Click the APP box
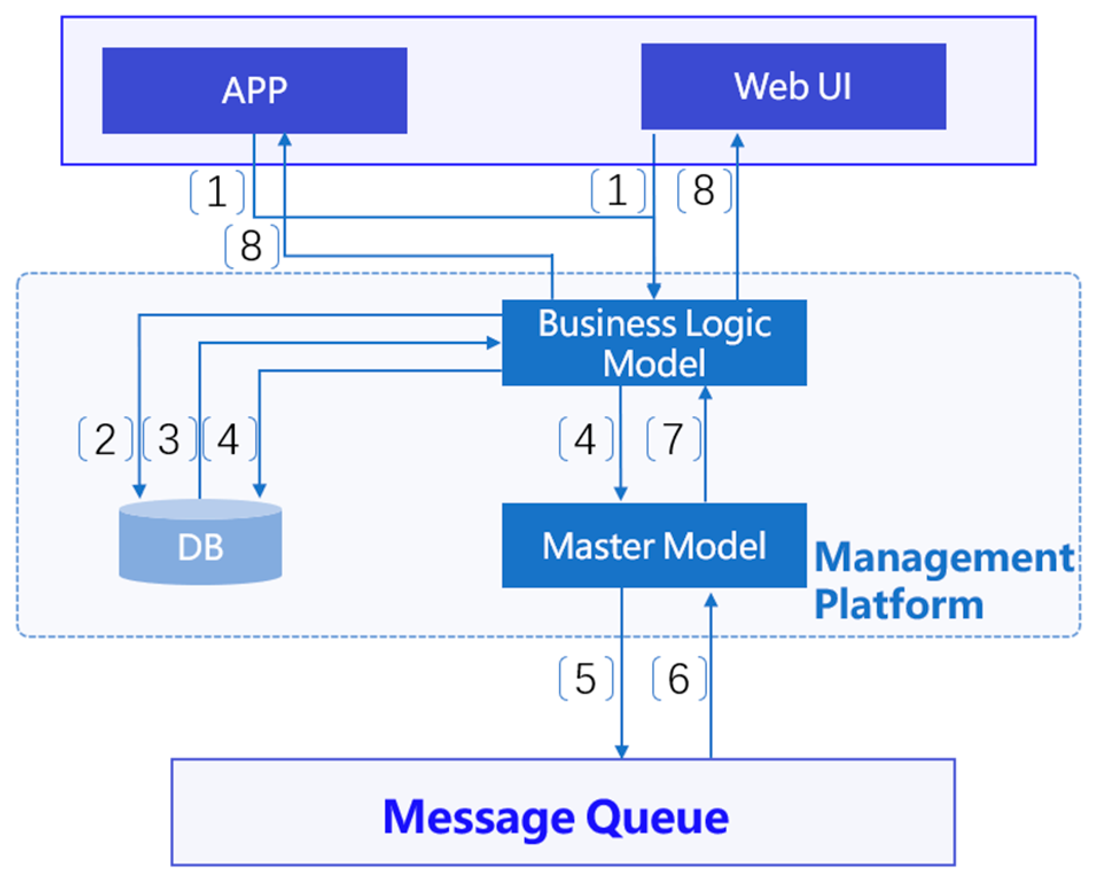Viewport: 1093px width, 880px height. tap(254, 91)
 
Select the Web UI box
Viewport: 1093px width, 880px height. tap(793, 86)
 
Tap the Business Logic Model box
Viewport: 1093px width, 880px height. tap(654, 342)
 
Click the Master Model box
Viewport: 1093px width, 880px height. tap(654, 545)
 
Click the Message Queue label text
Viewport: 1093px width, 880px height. tap(555, 816)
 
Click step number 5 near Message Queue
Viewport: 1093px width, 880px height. tap(585, 679)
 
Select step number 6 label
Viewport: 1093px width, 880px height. tap(678, 679)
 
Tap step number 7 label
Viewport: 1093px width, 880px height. tap(673, 439)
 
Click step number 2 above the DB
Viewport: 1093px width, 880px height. tap(105, 439)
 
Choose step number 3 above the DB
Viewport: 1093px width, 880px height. tap(169, 439)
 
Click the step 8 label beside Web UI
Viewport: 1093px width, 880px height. tap(704, 190)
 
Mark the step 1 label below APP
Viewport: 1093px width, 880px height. tap(217, 191)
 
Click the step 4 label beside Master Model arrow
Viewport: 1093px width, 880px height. tap(585, 439)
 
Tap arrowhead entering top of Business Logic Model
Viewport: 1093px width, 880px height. tap(654, 291)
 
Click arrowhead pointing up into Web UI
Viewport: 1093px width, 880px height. tap(737, 140)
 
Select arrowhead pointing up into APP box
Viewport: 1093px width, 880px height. tap(284, 140)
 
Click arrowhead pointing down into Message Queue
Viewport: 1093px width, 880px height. tap(622, 750)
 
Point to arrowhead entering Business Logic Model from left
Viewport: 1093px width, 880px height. tap(493, 343)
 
